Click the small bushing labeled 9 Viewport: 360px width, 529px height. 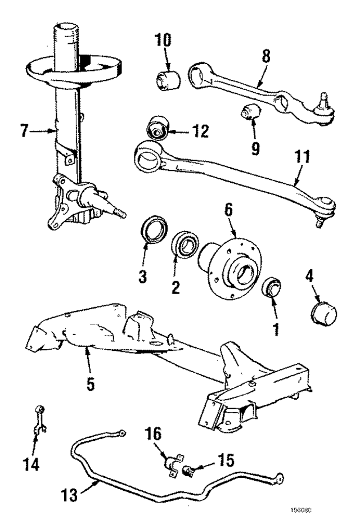click(x=249, y=112)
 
